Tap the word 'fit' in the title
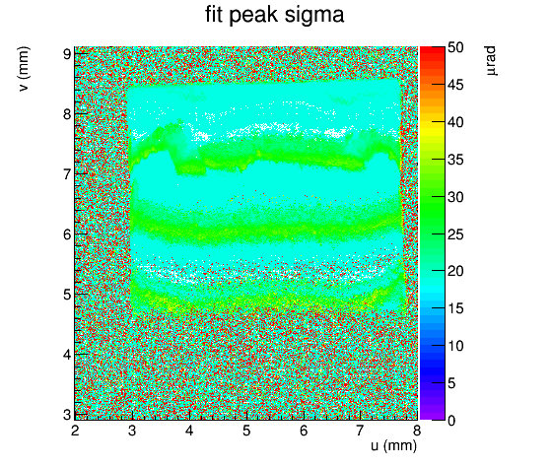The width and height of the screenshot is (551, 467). point(214,15)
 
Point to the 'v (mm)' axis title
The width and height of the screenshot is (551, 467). point(25,69)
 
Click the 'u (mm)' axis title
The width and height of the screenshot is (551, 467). point(394,445)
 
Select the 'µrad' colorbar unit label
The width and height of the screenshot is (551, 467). point(491,61)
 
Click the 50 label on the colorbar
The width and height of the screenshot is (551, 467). point(455,47)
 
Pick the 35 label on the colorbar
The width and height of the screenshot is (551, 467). point(455,160)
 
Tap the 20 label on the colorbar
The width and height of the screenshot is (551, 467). point(455,271)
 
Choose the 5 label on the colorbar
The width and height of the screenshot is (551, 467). point(451,383)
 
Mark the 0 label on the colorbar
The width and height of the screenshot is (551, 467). point(451,421)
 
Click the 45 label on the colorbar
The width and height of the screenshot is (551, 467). point(455,85)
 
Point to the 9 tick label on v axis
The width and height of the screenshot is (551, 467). point(67,54)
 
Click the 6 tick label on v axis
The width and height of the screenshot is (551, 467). point(67,234)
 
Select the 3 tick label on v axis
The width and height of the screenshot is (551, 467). point(67,415)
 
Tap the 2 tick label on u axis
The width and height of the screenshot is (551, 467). point(75,431)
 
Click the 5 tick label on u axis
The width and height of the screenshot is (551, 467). point(246,431)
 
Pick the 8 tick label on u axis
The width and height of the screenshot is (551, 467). point(417,431)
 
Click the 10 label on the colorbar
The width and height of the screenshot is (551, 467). point(455,346)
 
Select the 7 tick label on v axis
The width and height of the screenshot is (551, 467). point(67,174)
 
